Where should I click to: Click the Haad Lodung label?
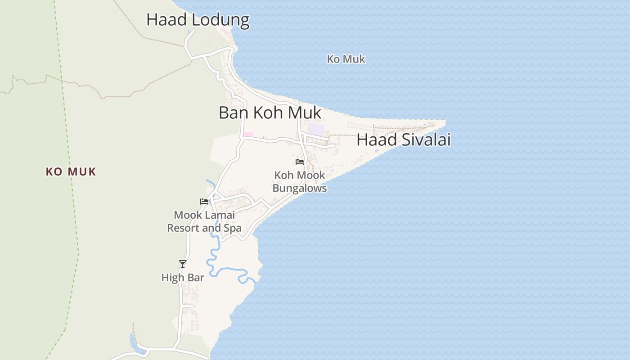tap(198, 20)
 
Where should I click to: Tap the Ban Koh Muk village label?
tap(270, 112)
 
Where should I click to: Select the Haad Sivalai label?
tap(403, 140)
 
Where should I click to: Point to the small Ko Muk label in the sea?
tap(346, 59)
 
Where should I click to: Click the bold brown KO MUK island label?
tap(71, 172)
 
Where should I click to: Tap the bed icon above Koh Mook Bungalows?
tap(300, 162)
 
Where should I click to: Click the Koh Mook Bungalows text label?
tap(300, 182)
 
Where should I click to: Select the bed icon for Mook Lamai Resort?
tap(204, 202)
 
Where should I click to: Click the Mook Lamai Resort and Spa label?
tap(204, 221)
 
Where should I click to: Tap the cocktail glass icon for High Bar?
tap(182, 264)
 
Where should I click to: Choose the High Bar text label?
tap(183, 278)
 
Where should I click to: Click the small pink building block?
tap(248, 135)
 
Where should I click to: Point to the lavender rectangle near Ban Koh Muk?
tap(316, 129)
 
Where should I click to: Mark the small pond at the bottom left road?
tap(134, 343)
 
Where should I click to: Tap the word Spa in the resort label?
tap(232, 228)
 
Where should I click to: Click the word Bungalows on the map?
tap(300, 188)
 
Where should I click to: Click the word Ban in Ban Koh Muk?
tap(234, 112)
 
